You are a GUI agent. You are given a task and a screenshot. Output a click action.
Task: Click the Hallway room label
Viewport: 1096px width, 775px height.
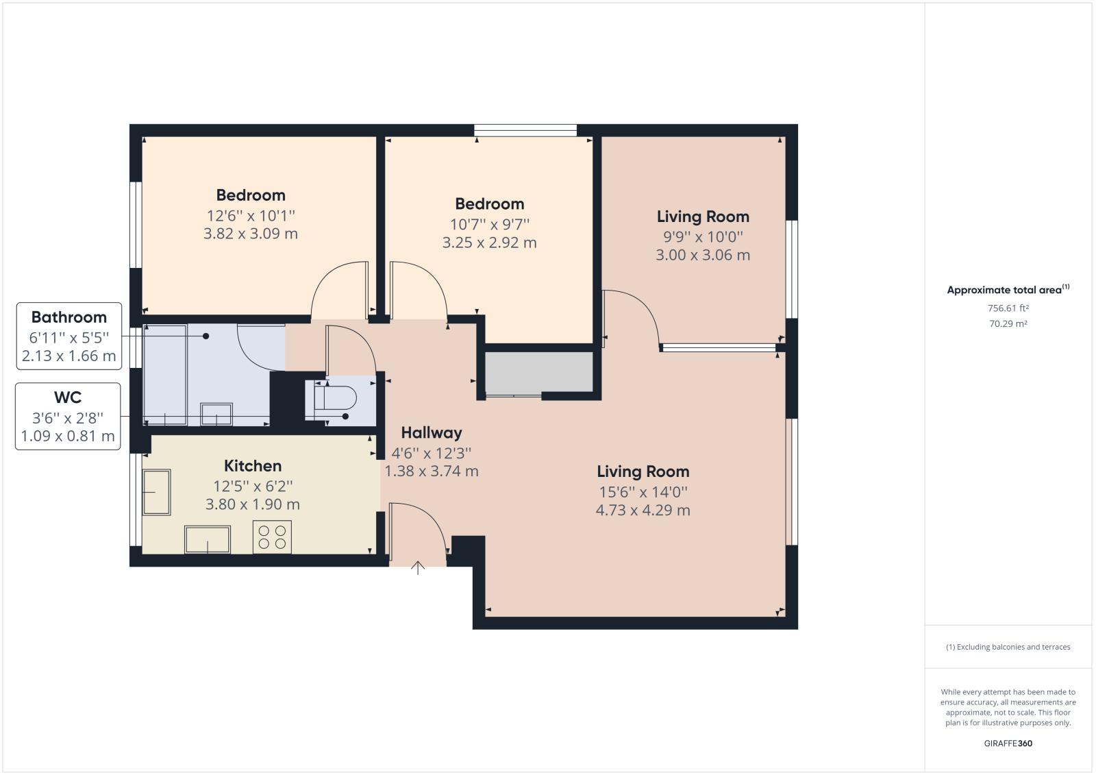(431, 433)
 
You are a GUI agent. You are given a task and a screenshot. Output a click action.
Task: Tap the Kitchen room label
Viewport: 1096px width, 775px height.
(253, 465)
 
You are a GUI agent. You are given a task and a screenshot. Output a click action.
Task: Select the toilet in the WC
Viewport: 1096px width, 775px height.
(331, 398)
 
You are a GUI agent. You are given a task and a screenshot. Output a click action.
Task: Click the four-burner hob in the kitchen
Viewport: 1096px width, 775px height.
(272, 537)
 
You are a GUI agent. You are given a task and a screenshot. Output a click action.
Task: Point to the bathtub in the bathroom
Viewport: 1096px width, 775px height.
(165, 375)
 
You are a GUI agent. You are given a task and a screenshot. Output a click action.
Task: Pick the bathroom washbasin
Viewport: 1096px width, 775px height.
(216, 414)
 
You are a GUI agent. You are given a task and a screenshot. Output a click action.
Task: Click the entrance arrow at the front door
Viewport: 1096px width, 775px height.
(417, 568)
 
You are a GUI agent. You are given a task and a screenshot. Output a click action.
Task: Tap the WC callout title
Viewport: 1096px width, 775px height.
(68, 397)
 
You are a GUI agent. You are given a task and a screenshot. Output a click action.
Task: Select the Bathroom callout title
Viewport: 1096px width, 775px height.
(69, 317)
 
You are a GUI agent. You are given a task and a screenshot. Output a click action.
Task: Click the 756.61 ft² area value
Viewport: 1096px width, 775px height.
(1008, 308)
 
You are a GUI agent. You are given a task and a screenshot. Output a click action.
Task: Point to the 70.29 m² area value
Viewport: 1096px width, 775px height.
(1008, 323)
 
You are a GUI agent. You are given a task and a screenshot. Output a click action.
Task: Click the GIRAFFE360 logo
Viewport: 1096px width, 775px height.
(1008, 743)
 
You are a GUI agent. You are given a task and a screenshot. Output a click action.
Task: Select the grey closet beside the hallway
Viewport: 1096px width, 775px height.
(538, 372)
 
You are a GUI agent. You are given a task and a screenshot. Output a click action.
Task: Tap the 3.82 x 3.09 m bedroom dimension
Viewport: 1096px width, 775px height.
(251, 234)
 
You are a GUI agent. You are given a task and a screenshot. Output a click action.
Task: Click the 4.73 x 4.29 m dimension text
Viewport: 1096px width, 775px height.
(643, 510)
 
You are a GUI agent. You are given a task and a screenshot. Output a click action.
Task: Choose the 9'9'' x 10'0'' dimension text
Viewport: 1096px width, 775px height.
(703, 237)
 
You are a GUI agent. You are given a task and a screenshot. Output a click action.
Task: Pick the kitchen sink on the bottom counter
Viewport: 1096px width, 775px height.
(208, 539)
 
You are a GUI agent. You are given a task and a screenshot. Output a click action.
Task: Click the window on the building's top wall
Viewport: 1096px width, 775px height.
(525, 130)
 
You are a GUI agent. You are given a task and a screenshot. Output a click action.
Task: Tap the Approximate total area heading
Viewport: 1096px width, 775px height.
(1008, 289)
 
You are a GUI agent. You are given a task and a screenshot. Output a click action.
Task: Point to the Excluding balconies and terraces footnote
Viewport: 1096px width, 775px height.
(1008, 647)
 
